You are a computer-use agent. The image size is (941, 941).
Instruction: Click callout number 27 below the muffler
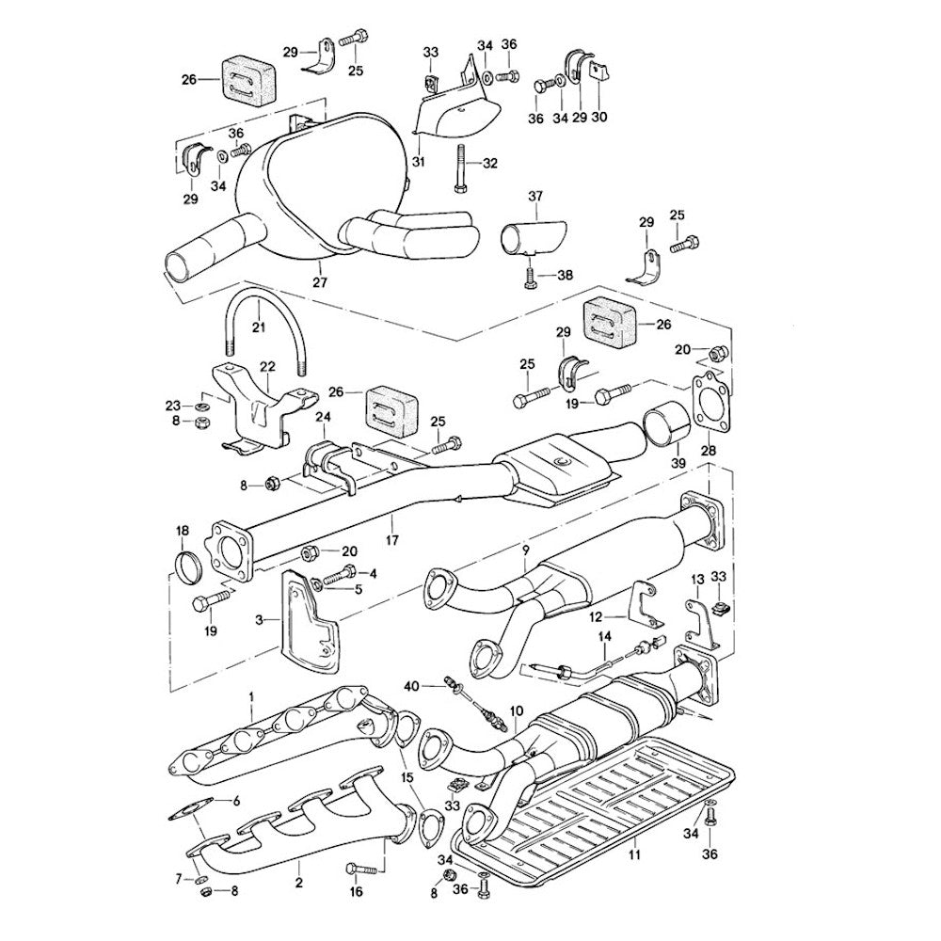coord(319,280)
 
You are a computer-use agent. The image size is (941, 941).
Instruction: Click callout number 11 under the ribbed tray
coord(634,855)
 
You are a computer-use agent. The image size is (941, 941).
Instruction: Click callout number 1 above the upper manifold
coord(252,697)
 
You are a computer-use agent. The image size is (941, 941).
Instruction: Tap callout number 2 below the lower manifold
coord(299,883)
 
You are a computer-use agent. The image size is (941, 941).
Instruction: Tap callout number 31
coord(418,161)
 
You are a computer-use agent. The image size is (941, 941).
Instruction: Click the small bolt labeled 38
coord(530,276)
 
